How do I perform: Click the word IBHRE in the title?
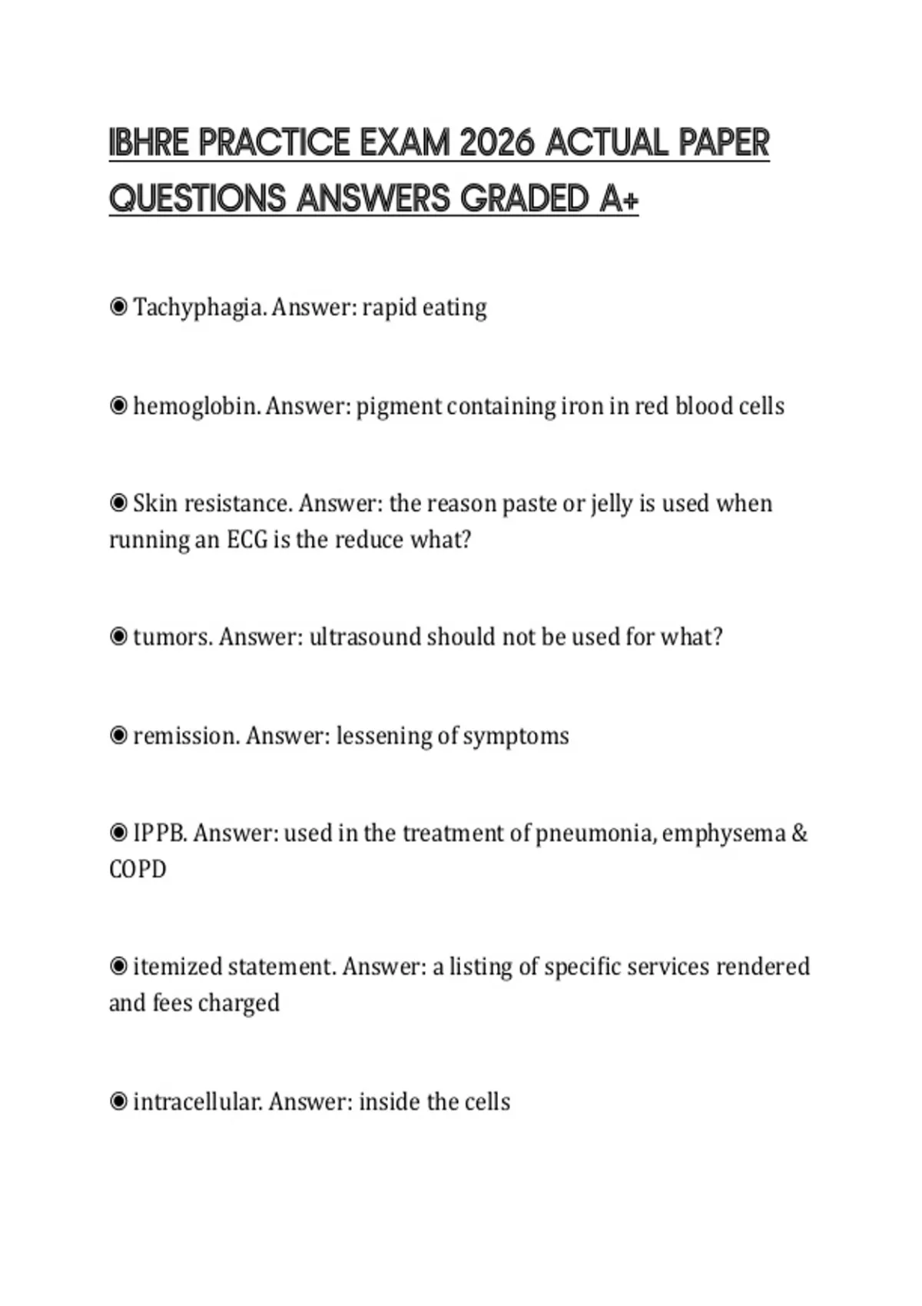(149, 143)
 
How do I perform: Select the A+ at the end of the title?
(619, 199)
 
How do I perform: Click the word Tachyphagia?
(199, 307)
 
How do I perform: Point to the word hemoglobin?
(196, 406)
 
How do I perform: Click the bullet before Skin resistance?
(118, 504)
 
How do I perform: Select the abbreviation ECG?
(247, 539)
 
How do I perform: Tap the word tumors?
(172, 637)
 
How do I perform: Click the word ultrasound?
(364, 637)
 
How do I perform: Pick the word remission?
(187, 736)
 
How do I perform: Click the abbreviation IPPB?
(160, 834)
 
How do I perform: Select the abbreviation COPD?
(138, 870)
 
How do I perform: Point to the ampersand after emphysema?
(799, 834)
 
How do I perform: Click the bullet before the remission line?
(118, 736)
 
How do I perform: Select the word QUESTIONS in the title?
(197, 199)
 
